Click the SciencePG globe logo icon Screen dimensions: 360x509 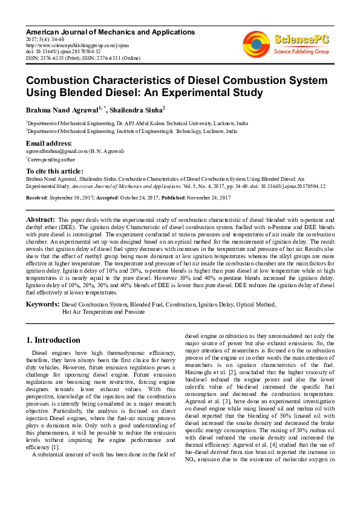coord(256,44)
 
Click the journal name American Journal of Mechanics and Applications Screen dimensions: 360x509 coord(111,31)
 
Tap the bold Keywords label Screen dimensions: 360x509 coord(42,304)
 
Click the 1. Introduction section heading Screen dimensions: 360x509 coord(54,340)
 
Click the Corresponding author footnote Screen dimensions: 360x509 coord(50,160)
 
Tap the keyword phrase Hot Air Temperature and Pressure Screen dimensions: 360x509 coord(103,313)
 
